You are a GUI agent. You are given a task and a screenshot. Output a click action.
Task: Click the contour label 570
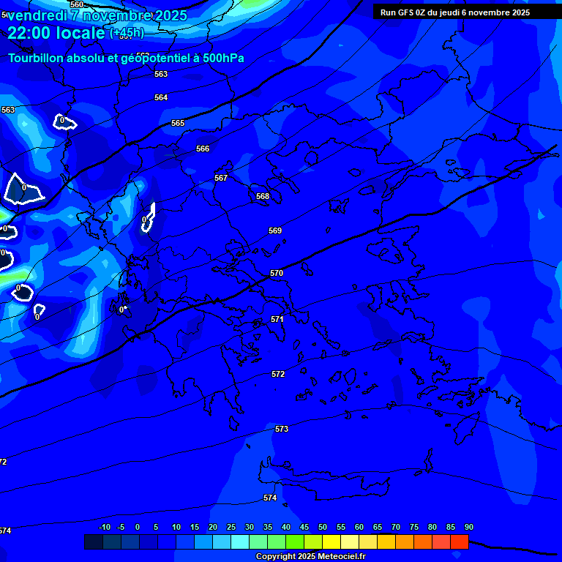point(277,273)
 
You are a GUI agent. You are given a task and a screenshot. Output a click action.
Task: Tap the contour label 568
point(263,196)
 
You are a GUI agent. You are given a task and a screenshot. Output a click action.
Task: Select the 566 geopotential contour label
point(203,149)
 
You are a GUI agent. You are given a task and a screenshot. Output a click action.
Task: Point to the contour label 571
point(277,319)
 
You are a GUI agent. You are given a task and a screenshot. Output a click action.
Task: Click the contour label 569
point(275,231)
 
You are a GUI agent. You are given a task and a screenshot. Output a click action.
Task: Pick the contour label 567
point(221,178)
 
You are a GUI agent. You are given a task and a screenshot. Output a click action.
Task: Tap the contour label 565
point(178,124)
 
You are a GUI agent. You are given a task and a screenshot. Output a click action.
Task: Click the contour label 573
point(282,429)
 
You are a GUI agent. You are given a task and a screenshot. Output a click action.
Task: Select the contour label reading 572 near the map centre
point(278,374)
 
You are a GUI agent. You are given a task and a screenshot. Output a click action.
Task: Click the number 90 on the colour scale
point(468,528)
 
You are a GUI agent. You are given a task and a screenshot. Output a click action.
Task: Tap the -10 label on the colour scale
point(104,528)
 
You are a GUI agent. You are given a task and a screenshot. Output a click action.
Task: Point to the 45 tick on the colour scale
point(304,528)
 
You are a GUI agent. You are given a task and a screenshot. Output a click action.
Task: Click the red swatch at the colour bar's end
point(460,542)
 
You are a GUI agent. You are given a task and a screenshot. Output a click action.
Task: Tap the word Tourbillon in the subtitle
point(36,58)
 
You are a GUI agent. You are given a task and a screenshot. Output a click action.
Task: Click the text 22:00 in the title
point(30,33)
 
